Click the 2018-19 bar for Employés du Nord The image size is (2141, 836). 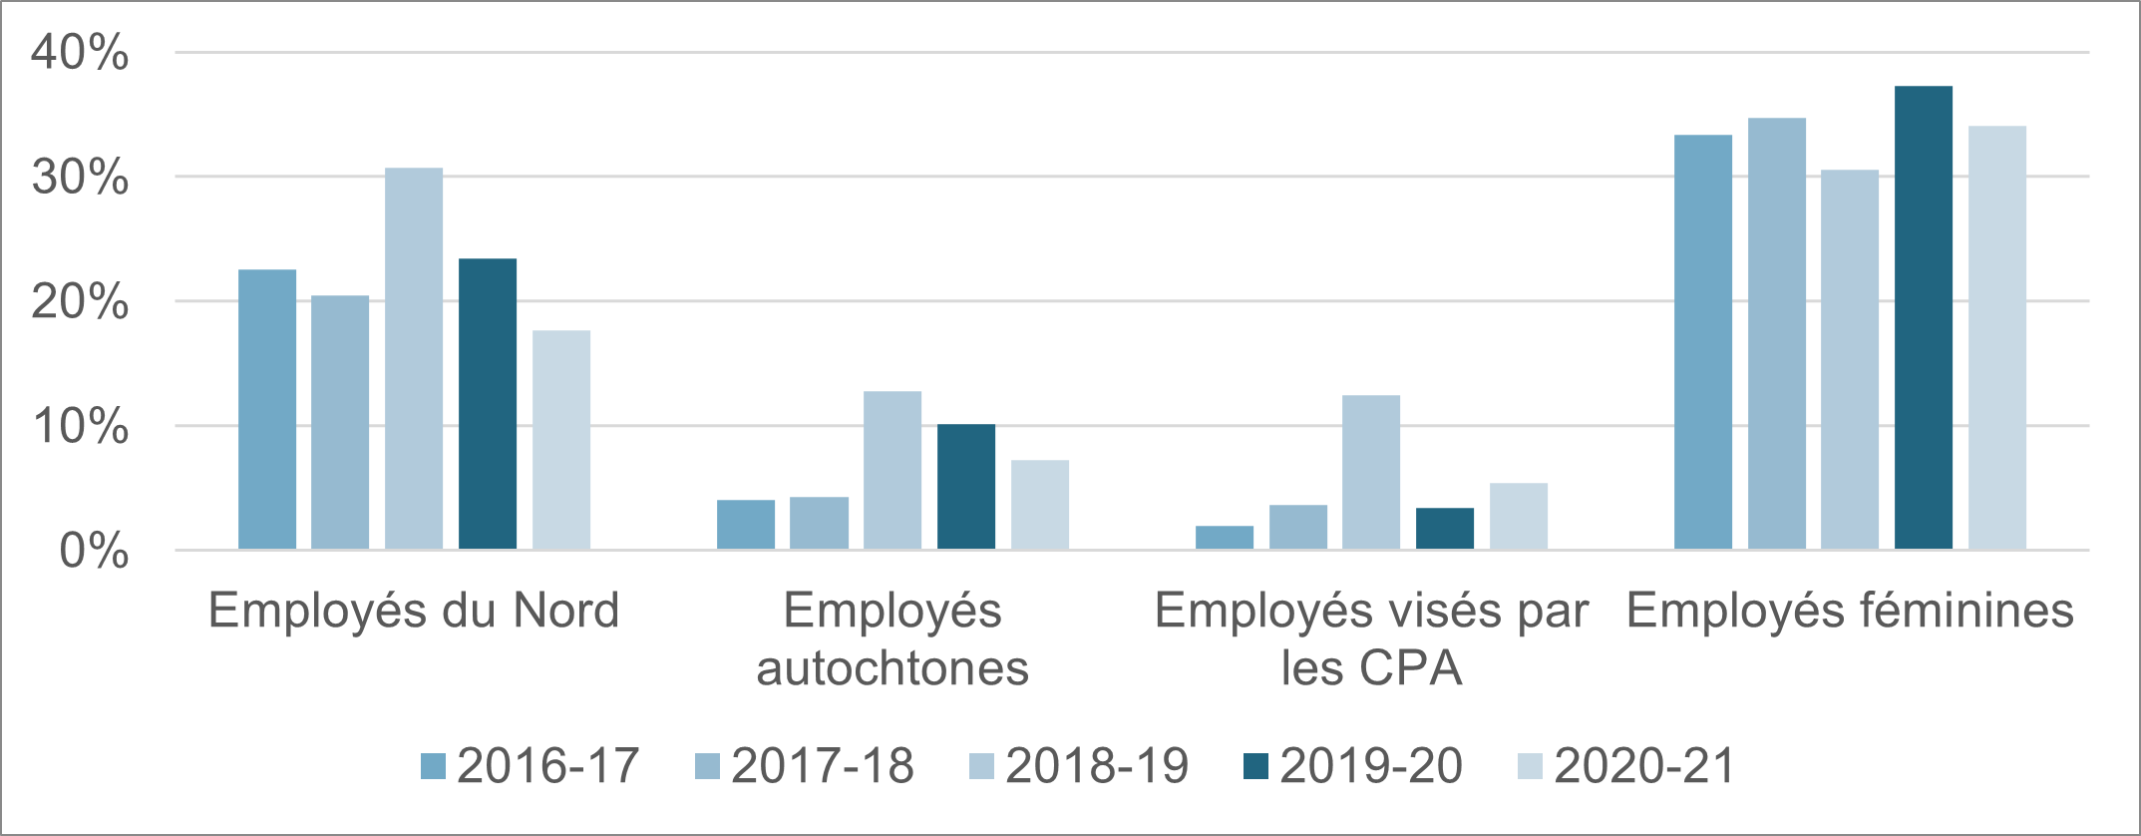pyautogui.click(x=414, y=358)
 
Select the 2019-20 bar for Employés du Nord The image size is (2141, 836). pyautogui.click(x=488, y=404)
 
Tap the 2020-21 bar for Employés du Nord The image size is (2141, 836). pyautogui.click(x=561, y=440)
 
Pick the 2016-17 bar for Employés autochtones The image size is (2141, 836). pyautogui.click(x=746, y=525)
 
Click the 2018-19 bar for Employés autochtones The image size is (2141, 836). pyautogui.click(x=892, y=470)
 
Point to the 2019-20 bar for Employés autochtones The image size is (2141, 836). pyautogui.click(x=966, y=487)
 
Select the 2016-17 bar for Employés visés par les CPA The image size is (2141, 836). pyautogui.click(x=1225, y=538)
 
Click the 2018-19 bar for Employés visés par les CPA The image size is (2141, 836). pyautogui.click(x=1371, y=472)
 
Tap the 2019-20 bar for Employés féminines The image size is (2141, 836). pyautogui.click(x=1924, y=317)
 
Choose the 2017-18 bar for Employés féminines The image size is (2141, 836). pyautogui.click(x=1777, y=333)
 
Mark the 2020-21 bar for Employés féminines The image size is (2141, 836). pyautogui.click(x=1997, y=337)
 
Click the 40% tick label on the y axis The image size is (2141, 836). pyautogui.click(x=80, y=52)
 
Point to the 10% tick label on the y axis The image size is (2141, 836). pyautogui.click(x=80, y=426)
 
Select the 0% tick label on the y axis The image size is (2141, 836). pyautogui.click(x=94, y=551)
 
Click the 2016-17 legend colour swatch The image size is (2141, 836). pyautogui.click(x=433, y=766)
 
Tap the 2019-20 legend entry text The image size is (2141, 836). pyautogui.click(x=1371, y=766)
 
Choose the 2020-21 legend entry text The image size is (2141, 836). pyautogui.click(x=1645, y=766)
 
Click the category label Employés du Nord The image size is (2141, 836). pyautogui.click(x=414, y=611)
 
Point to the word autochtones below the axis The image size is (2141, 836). pyautogui.click(x=892, y=668)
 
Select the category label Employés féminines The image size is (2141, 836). pyautogui.click(x=1850, y=611)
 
